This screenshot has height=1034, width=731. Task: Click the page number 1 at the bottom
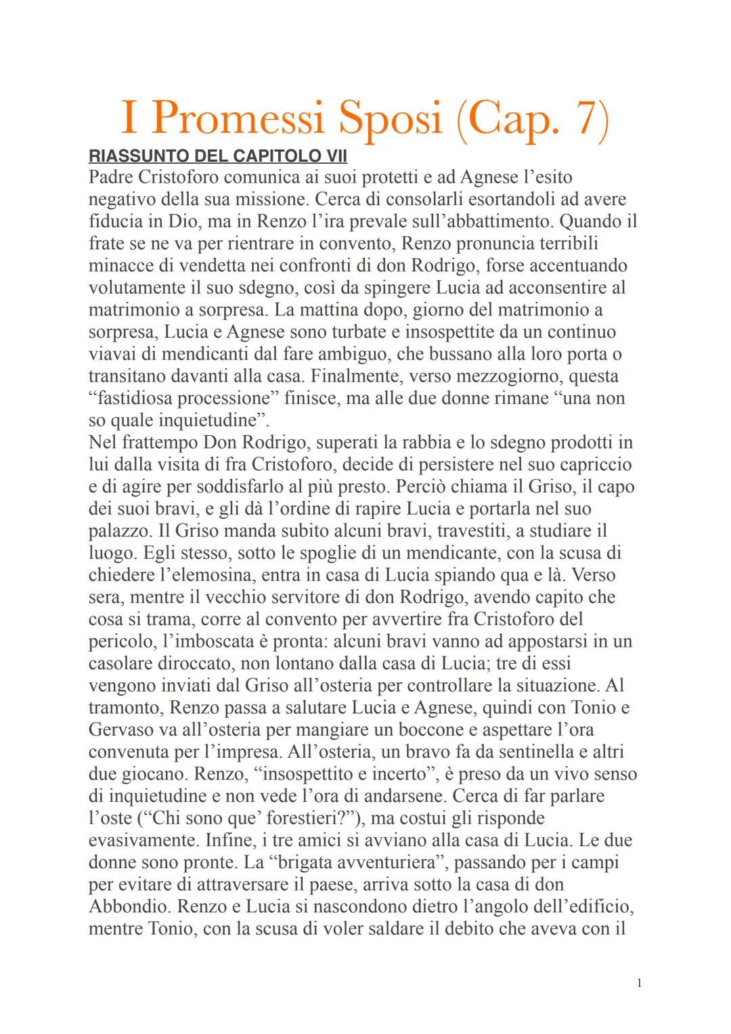(x=639, y=983)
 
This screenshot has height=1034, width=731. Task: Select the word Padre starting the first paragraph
(x=110, y=177)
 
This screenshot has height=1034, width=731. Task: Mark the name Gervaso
(x=119, y=730)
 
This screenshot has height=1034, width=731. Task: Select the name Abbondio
(x=127, y=907)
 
